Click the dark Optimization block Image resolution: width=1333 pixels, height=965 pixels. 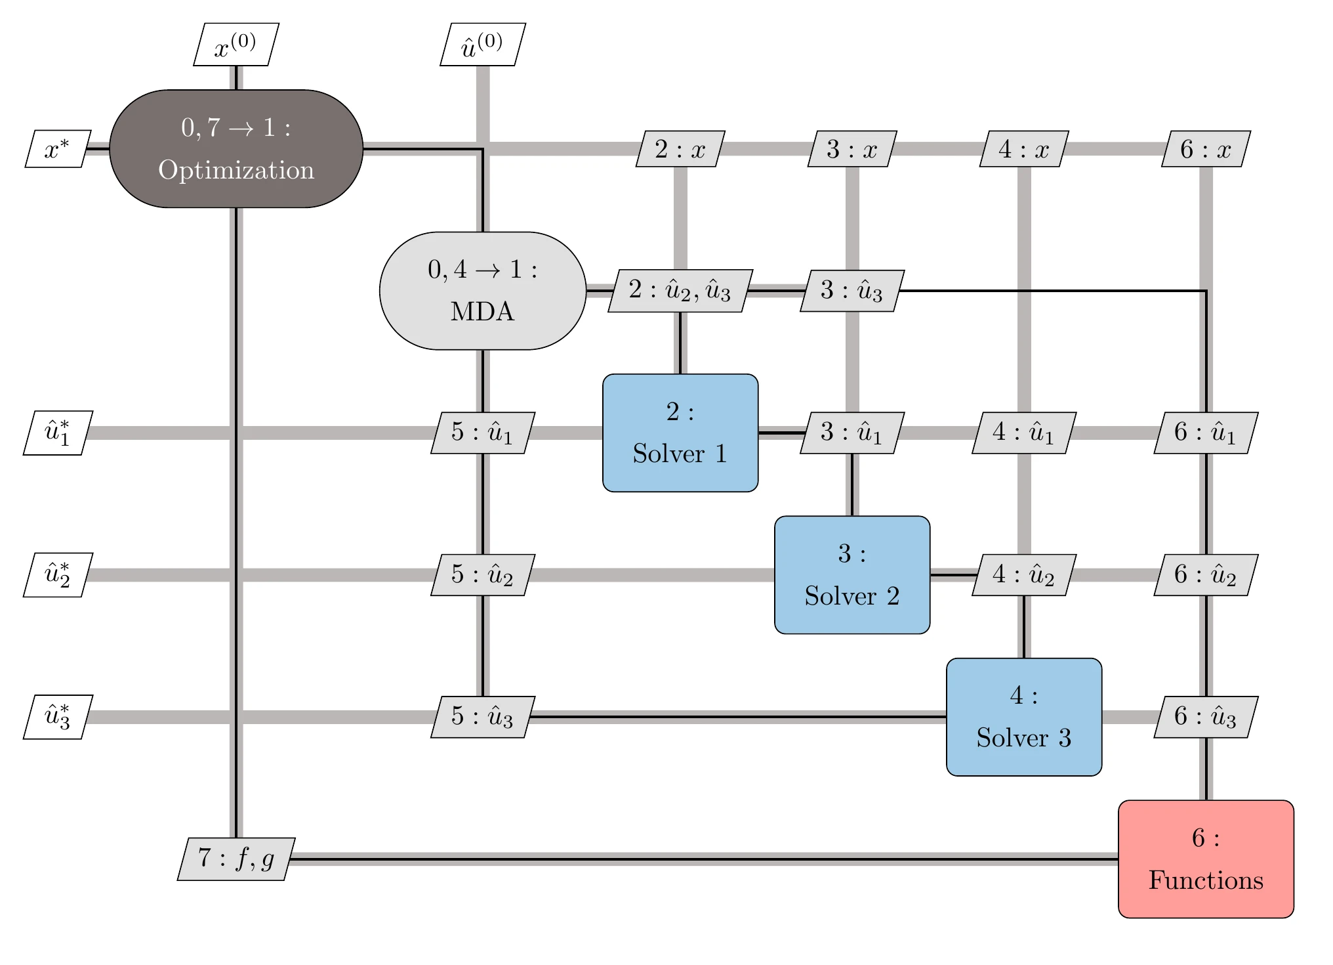click(x=236, y=149)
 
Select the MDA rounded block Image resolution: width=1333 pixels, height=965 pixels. click(x=483, y=290)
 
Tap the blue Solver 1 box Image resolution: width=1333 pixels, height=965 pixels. click(x=680, y=433)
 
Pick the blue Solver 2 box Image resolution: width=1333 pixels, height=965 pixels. click(x=852, y=575)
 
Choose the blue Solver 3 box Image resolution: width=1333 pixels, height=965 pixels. click(x=1024, y=717)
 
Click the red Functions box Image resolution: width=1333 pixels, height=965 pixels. click(x=1206, y=859)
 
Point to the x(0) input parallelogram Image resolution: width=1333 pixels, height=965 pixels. click(x=236, y=45)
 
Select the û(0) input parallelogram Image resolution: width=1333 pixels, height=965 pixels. click(x=483, y=45)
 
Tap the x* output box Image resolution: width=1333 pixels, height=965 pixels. click(x=57, y=149)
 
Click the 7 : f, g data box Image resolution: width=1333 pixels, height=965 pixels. click(x=236, y=859)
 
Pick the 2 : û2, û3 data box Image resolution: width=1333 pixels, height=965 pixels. click(x=680, y=290)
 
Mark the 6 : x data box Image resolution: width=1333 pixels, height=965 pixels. click(x=1206, y=149)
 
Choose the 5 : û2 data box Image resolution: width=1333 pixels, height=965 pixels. click(x=483, y=575)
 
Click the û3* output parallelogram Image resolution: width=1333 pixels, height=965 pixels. click(x=58, y=717)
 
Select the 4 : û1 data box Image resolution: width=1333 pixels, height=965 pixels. click(x=1024, y=433)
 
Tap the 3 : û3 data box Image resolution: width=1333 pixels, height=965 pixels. click(x=852, y=290)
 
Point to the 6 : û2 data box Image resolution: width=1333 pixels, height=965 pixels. click(x=1206, y=575)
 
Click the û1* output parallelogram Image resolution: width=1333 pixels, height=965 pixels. click(x=58, y=433)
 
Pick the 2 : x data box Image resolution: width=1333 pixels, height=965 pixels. click(x=680, y=149)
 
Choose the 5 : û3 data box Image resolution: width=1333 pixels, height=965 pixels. click(x=483, y=717)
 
